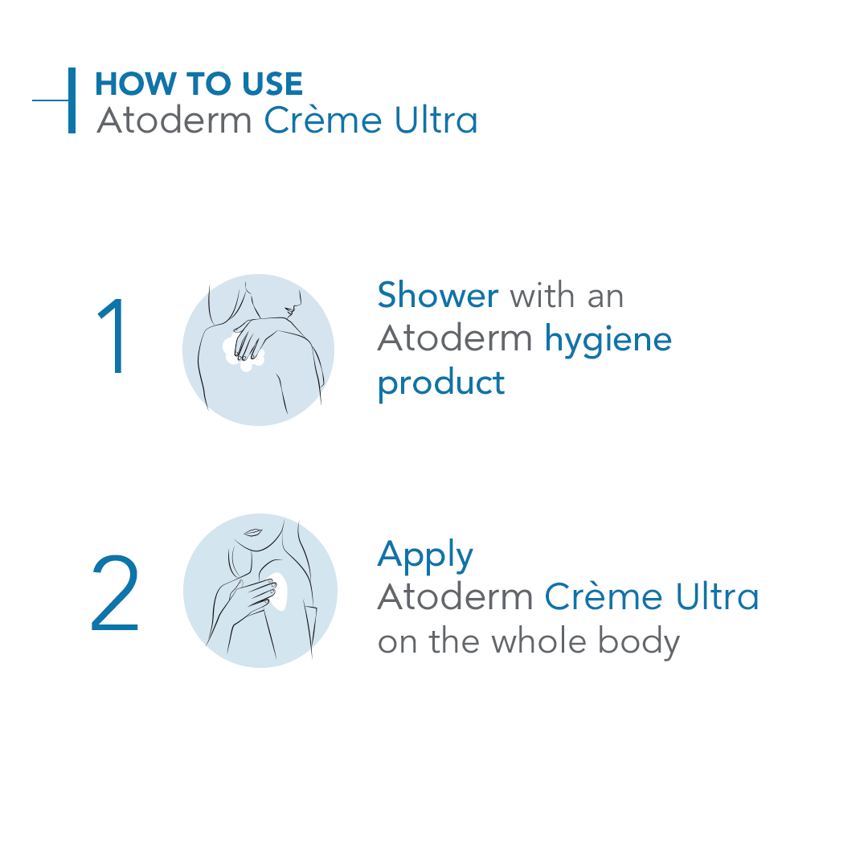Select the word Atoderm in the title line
click(x=174, y=121)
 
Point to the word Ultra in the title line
click(x=436, y=121)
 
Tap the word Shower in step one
click(x=438, y=295)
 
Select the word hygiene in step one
click(x=608, y=340)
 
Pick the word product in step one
click(x=441, y=383)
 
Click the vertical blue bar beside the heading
click(x=72, y=100)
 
